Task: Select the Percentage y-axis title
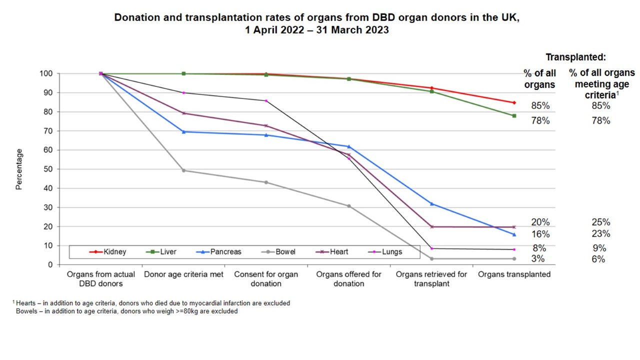click(19, 169)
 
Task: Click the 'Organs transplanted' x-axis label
click(514, 274)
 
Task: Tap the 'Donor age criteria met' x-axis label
click(183, 274)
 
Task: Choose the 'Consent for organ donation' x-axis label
click(266, 279)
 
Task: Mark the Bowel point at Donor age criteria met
click(183, 170)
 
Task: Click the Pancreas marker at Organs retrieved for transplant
click(431, 203)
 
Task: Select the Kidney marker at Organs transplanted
click(514, 102)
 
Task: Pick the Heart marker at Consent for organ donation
click(266, 125)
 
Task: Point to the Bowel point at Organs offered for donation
click(349, 206)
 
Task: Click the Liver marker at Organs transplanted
click(514, 115)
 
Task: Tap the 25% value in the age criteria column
click(600, 222)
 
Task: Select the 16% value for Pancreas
click(540, 234)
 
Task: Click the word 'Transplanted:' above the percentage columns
click(575, 57)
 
